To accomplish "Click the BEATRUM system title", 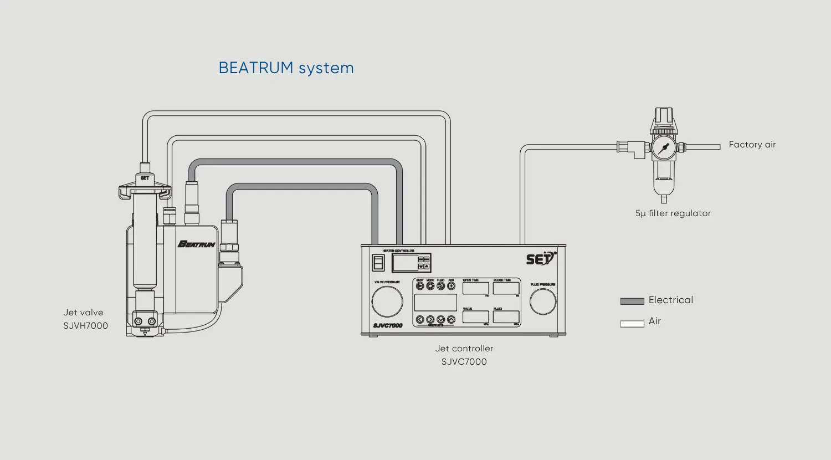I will point(286,68).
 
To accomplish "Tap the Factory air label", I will point(752,145).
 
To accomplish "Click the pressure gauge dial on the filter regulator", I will point(663,148).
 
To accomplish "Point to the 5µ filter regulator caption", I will point(673,213).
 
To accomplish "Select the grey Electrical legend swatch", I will point(632,301).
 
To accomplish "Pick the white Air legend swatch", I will point(632,324).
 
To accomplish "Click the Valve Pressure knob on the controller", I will point(387,301).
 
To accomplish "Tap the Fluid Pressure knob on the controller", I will point(543,302).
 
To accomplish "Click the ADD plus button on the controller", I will point(451,286).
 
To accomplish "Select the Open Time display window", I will point(475,289).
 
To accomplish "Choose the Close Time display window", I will point(506,289).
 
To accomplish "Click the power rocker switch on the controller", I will point(378,263).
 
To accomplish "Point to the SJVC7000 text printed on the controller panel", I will point(388,325).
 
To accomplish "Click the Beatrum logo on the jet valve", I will point(196,244).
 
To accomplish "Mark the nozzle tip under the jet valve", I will point(145,334).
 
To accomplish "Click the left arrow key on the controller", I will point(420,320).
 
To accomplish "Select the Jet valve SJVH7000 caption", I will point(85,319).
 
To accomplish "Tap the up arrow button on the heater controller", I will point(427,267).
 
